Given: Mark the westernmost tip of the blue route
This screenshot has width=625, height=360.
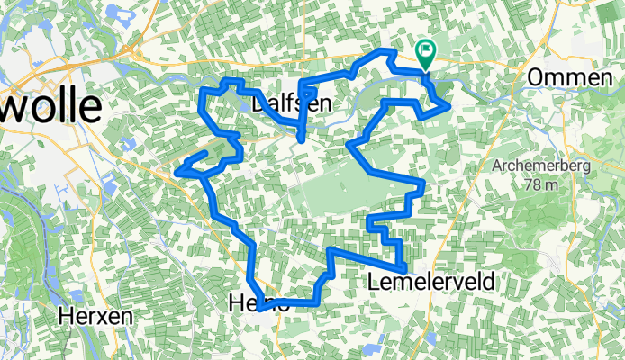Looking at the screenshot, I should (181, 168).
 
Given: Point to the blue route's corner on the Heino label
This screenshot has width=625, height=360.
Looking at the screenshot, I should (260, 307).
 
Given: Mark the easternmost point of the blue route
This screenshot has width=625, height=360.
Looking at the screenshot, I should (448, 106).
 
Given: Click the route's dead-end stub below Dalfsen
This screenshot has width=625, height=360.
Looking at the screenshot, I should (300, 139).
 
